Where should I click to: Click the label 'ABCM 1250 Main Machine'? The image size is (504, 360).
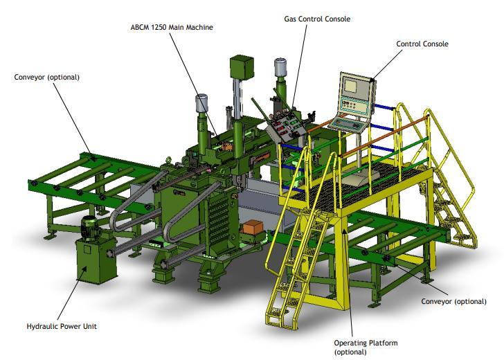(x=172, y=27)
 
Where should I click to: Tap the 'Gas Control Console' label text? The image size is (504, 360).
(x=317, y=19)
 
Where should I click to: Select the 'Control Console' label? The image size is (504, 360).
(x=422, y=44)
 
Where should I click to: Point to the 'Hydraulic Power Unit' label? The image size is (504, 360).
(x=62, y=326)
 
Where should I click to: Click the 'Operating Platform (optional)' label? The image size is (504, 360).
(x=366, y=347)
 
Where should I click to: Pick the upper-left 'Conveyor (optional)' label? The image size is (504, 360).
(x=46, y=77)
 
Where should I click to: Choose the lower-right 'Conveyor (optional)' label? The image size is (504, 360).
(x=453, y=302)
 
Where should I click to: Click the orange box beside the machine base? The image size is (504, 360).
(x=252, y=227)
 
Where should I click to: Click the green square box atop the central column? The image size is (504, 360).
(x=242, y=67)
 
